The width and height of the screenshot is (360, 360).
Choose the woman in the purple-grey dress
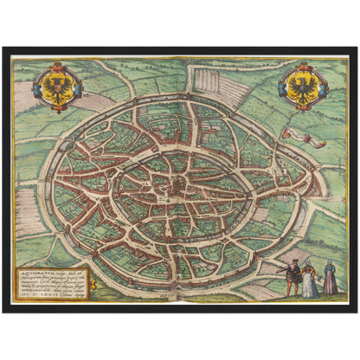tap(330, 280)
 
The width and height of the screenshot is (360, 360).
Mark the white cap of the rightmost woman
tap(329, 264)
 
